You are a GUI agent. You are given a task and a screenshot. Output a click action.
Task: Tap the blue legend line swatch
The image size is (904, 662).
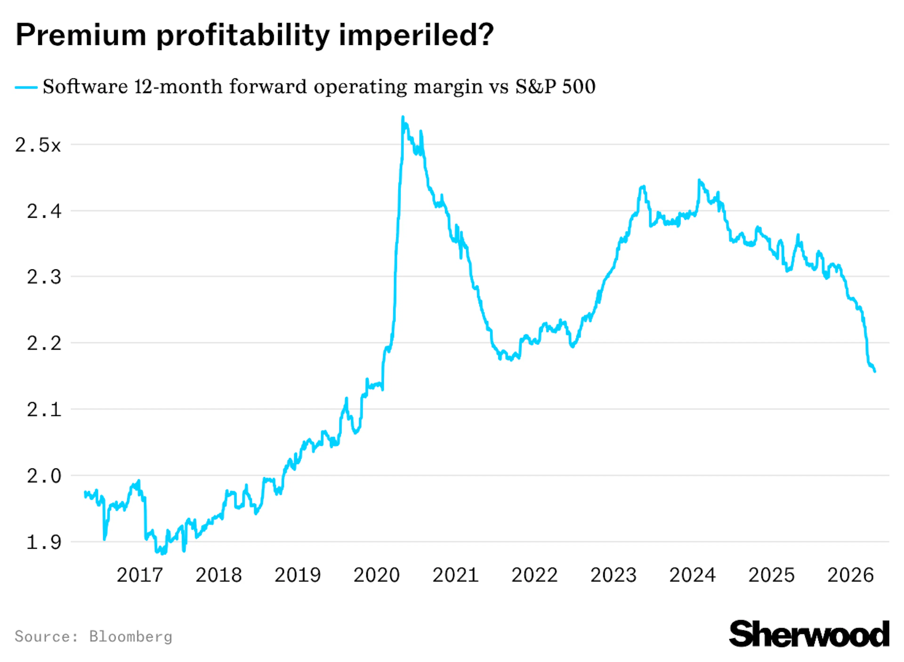(26, 87)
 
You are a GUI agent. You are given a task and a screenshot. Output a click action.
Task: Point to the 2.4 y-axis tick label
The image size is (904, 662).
(44, 211)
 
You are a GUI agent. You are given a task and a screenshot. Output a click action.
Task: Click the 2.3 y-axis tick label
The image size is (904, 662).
(44, 277)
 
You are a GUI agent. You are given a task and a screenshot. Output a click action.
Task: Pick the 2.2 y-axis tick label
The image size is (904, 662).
(44, 343)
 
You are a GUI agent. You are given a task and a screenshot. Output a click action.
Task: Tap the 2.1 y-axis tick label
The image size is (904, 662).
(44, 410)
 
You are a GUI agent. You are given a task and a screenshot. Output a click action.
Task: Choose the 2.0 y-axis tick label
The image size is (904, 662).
(44, 476)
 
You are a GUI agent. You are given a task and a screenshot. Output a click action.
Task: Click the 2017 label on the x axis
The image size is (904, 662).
(139, 575)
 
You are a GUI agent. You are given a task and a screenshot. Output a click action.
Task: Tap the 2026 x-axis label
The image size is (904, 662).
(850, 575)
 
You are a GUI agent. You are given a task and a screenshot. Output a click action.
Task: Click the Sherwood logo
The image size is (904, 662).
(809, 634)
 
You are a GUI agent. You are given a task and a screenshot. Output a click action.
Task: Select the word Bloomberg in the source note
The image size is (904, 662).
(131, 636)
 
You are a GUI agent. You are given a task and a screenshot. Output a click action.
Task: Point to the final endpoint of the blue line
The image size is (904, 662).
(875, 371)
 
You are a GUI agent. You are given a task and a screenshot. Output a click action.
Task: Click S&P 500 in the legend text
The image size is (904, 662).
(555, 87)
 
